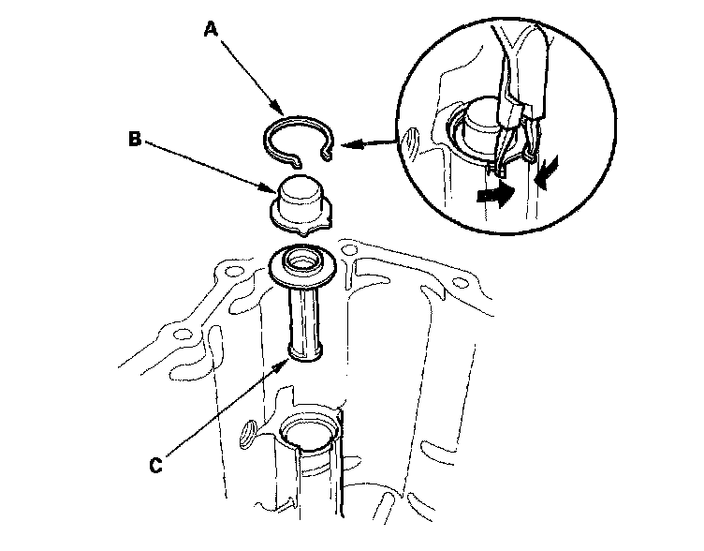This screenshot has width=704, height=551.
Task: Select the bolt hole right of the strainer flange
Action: (349, 251)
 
